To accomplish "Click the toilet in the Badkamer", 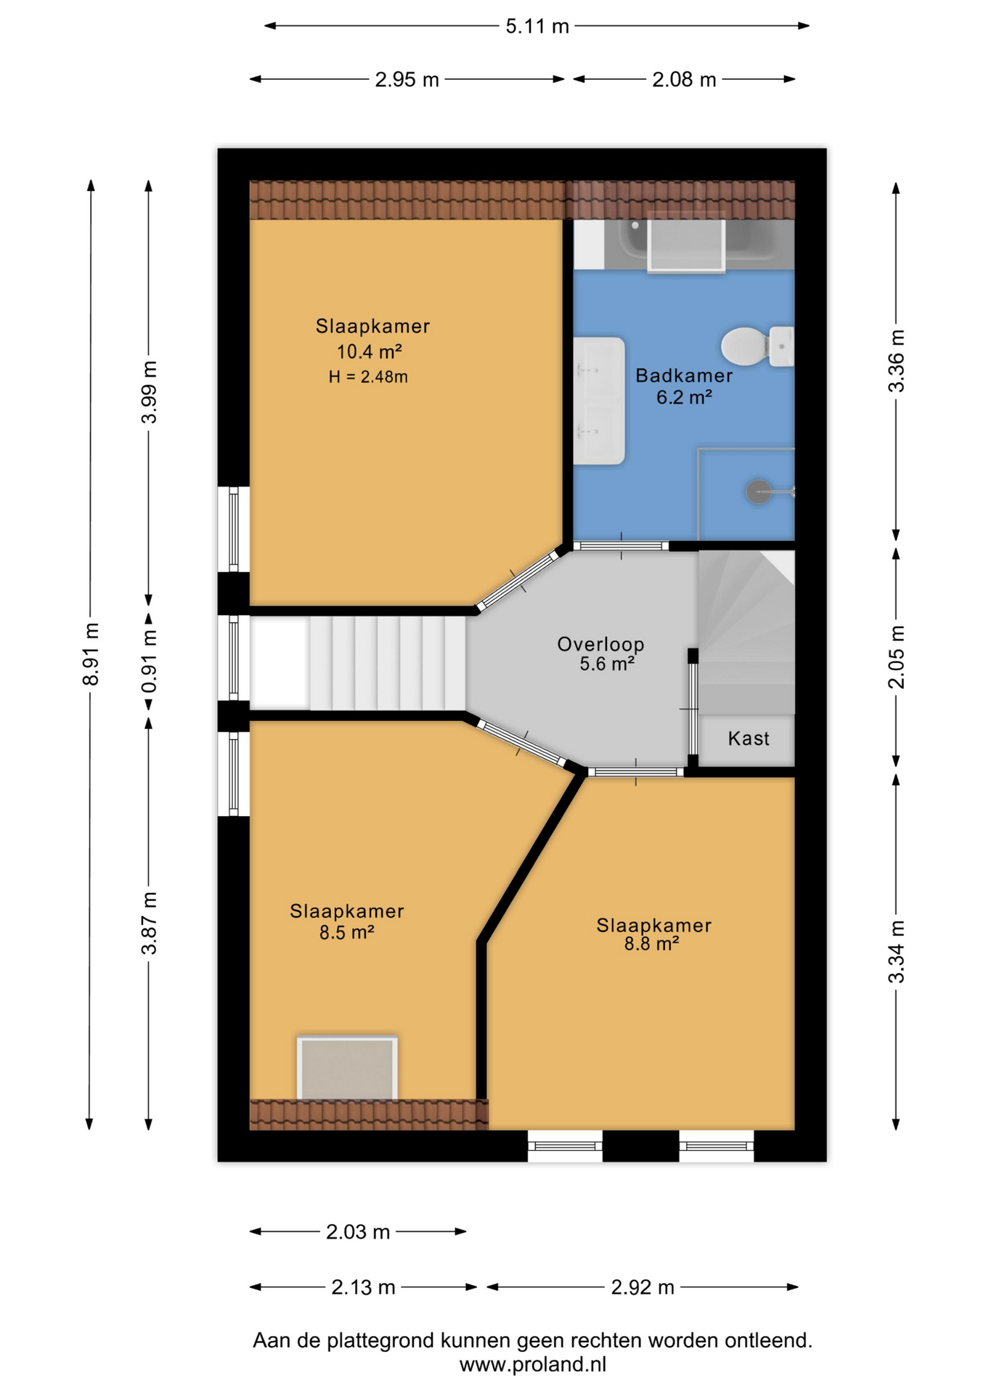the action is tap(757, 346).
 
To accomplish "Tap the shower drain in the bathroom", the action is tap(758, 492).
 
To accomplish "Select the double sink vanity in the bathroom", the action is tap(599, 401).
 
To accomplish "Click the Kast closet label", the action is tap(749, 738).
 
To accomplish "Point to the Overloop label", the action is tap(600, 644).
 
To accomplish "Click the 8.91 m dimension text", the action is tap(91, 653).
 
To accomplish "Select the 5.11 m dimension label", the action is tap(537, 26).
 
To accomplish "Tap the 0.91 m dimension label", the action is tap(149, 661).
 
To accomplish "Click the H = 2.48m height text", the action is tap(368, 377).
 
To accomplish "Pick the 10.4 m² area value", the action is tap(369, 352).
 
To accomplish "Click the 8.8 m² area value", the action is tap(651, 944).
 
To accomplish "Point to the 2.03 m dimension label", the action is tap(358, 1232).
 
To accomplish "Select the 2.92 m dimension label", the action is tap(643, 1287).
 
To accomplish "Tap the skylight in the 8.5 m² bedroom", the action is tap(347, 1067).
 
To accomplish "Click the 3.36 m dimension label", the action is tap(897, 361).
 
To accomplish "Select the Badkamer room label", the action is tap(684, 375).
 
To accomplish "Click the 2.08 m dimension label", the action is tap(684, 79).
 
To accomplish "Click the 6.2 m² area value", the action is tap(684, 398).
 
